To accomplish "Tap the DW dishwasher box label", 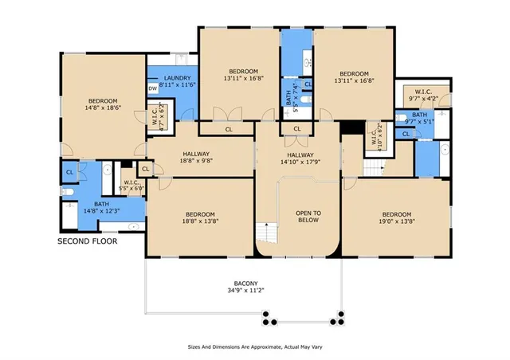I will pyautogui.click(x=153, y=89).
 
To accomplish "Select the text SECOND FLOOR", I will pyautogui.click(x=87, y=240).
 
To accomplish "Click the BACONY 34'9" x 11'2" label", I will pyautogui.click(x=244, y=287).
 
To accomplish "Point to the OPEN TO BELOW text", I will pyautogui.click(x=308, y=217).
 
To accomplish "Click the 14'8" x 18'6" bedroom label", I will pyautogui.click(x=102, y=103).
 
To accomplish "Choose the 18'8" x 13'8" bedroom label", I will pyautogui.click(x=200, y=218).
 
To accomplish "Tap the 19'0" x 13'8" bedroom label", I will pyautogui.click(x=395, y=218).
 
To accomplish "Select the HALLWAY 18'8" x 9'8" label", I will pyautogui.click(x=196, y=158).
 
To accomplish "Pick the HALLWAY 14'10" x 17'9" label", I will pyautogui.click(x=300, y=158).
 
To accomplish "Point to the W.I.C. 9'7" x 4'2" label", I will pyautogui.click(x=423, y=95).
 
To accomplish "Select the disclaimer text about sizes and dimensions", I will pyautogui.click(x=255, y=347).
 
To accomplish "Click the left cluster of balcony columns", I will pyautogui.click(x=269, y=320).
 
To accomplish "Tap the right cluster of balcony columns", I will pyautogui.click(x=337, y=320).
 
